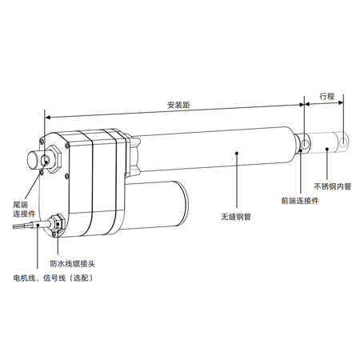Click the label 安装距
[x=178, y=105]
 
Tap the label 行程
[x=327, y=96]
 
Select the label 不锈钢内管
[x=333, y=186]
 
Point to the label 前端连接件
[x=300, y=201]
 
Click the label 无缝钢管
[x=236, y=217]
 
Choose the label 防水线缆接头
[x=73, y=264]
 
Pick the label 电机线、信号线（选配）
[x=54, y=278]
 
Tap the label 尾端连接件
[x=24, y=210]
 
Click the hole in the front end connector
[x=305, y=144]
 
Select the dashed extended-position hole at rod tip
[x=344, y=143]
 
